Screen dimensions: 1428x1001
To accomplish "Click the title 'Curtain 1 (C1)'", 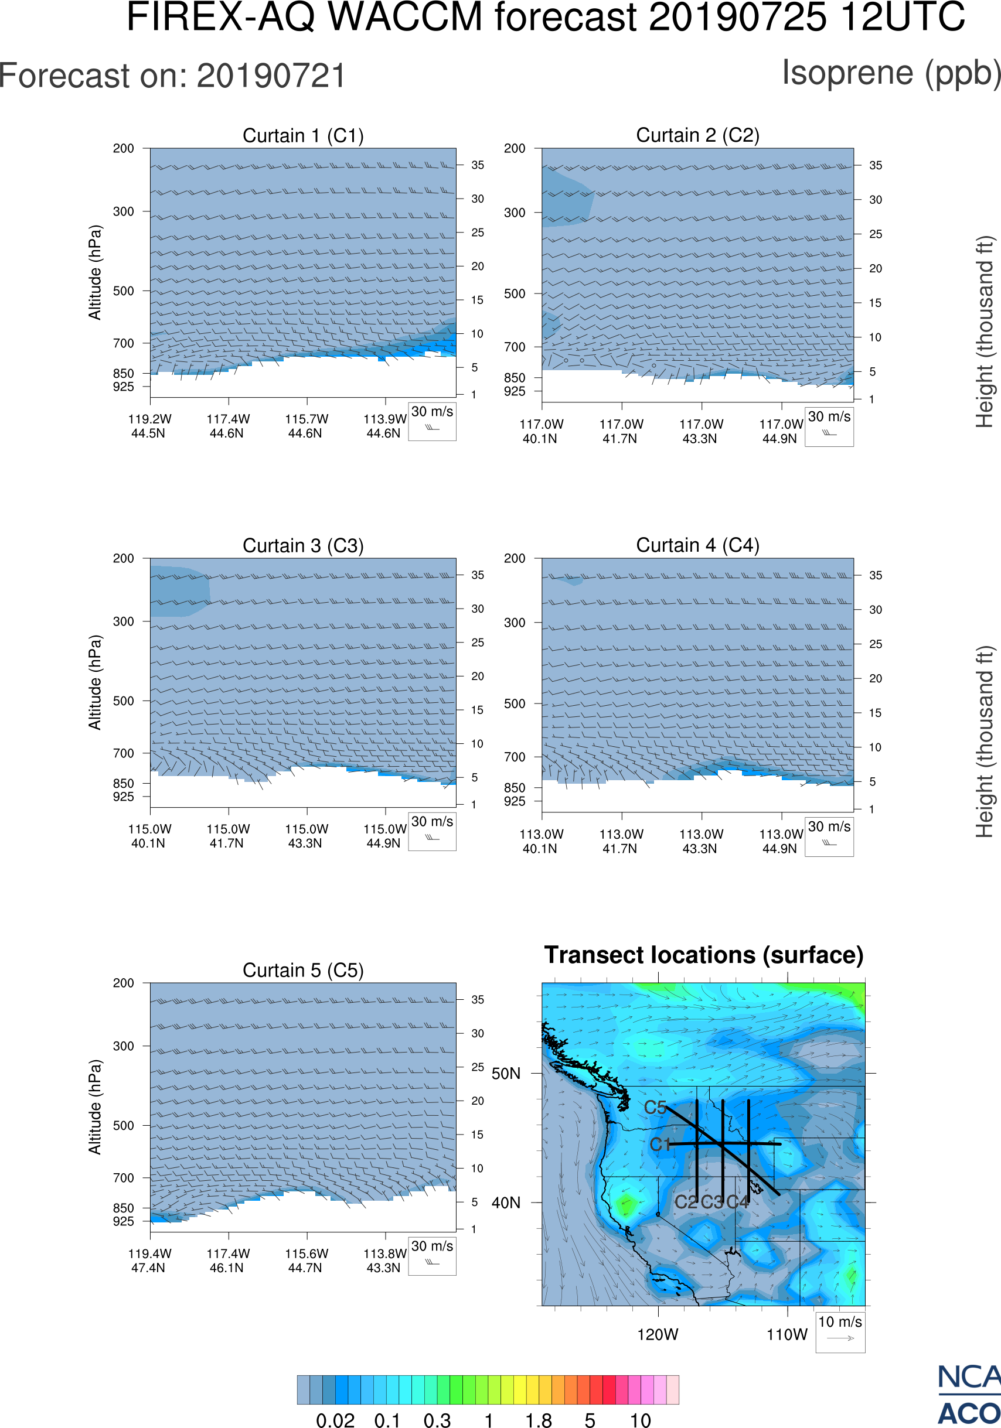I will pos(303,135).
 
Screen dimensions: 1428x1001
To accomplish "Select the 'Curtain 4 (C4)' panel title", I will pos(697,545).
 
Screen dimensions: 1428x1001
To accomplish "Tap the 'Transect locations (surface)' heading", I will pos(704,955).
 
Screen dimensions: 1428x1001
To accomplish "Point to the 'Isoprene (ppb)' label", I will pos(891,73).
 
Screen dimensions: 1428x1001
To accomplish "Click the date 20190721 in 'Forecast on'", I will pos(271,77).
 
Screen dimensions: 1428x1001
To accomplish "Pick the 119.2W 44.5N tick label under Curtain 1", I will pos(149,426).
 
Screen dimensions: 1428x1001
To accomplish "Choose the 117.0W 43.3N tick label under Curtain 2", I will pos(700,431).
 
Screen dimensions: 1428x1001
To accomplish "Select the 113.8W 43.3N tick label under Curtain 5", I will pos(384,1260).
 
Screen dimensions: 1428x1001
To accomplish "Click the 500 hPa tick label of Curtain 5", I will pos(123,1125).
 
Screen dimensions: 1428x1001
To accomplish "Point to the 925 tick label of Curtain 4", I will pos(515,801).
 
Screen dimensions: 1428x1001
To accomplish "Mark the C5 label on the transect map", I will pos(655,1108).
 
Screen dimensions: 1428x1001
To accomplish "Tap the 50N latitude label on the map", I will pos(506,1074).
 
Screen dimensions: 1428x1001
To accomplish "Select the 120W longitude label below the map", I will pos(658,1335).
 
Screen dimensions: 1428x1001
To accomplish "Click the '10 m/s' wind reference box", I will pos(840,1331).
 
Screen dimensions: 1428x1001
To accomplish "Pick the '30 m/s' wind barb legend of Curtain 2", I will pos(829,425).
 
